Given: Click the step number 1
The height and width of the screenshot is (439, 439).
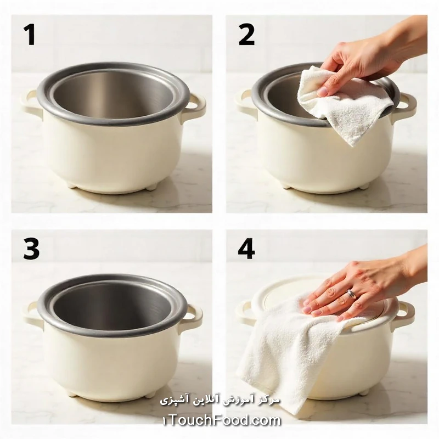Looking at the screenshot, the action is tap(30, 35).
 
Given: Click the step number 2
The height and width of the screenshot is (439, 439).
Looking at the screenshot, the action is tap(246, 35).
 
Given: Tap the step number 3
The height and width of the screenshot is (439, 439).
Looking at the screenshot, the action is tap(31, 249).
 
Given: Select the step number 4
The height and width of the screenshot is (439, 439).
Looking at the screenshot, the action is tap(246, 249).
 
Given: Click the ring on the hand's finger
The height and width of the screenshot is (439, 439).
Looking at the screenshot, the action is tap(351, 294).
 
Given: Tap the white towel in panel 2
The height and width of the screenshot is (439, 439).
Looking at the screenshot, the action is tap(345, 109).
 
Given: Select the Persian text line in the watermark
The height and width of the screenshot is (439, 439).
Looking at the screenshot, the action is tap(220, 400).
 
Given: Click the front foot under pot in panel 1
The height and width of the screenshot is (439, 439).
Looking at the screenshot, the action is tap(150, 187).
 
